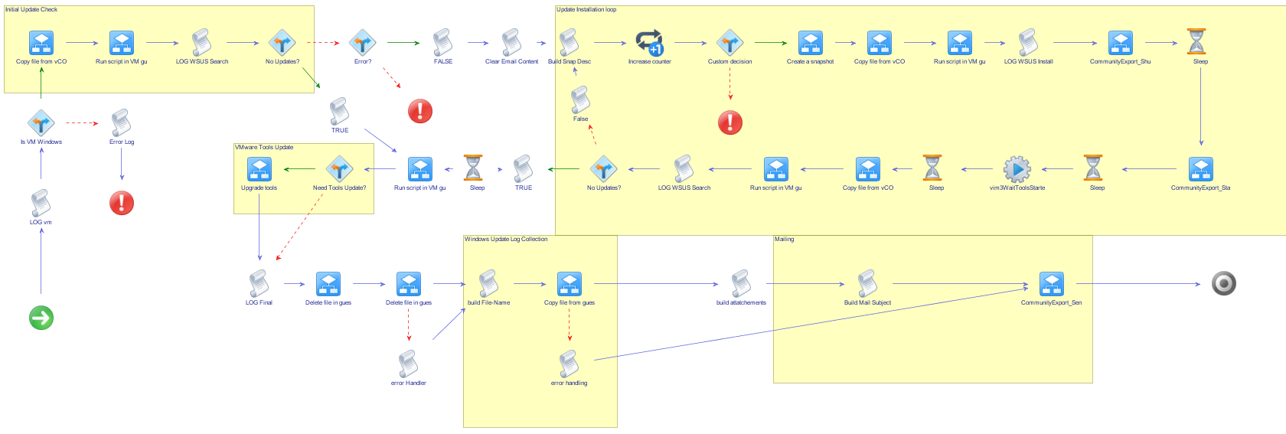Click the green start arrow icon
[41, 318]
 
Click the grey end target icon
[1224, 284]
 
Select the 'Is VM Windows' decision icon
[41, 123]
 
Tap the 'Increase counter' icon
[649, 43]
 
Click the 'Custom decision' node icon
[729, 43]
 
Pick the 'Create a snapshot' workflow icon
[810, 43]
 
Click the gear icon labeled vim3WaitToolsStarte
[1017, 169]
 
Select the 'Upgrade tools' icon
[259, 169]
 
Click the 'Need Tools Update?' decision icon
[339, 169]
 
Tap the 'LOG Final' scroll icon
[259, 284]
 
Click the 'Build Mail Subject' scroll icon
[867, 284]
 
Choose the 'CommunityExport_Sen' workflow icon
[1051, 284]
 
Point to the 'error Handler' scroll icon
[408, 364]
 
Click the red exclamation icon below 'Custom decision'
[730, 122]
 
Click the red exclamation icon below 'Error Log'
[122, 203]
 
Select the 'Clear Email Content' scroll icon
[511, 43]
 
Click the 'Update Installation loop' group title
[586, 10]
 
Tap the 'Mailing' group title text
[785, 240]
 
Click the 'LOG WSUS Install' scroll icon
[1028, 43]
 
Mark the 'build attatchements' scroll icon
[741, 284]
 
